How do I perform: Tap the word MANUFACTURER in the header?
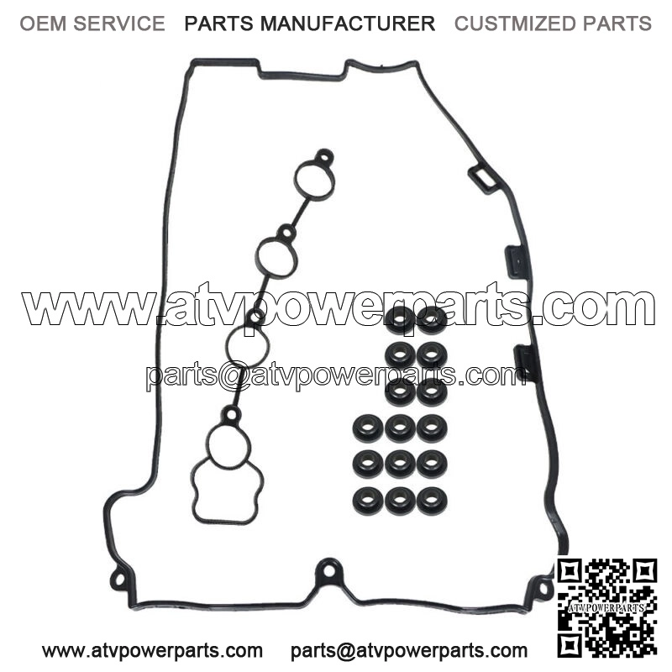348,24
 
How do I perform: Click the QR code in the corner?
606,607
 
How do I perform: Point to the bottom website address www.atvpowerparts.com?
152,650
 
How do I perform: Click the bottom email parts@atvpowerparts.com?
409,650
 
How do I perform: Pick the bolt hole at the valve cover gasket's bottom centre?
328,571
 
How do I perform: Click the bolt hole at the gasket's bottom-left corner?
119,580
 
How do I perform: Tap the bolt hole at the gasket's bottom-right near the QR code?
543,587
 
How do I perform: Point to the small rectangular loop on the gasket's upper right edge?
484,180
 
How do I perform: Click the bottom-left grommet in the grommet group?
368,500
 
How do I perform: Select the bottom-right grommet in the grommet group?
432,501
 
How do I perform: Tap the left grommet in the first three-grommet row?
368,428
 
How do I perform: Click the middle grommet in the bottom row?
400,501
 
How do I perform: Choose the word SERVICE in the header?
119,24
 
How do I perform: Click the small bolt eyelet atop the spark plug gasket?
324,157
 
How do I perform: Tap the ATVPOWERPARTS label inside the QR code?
606,607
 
